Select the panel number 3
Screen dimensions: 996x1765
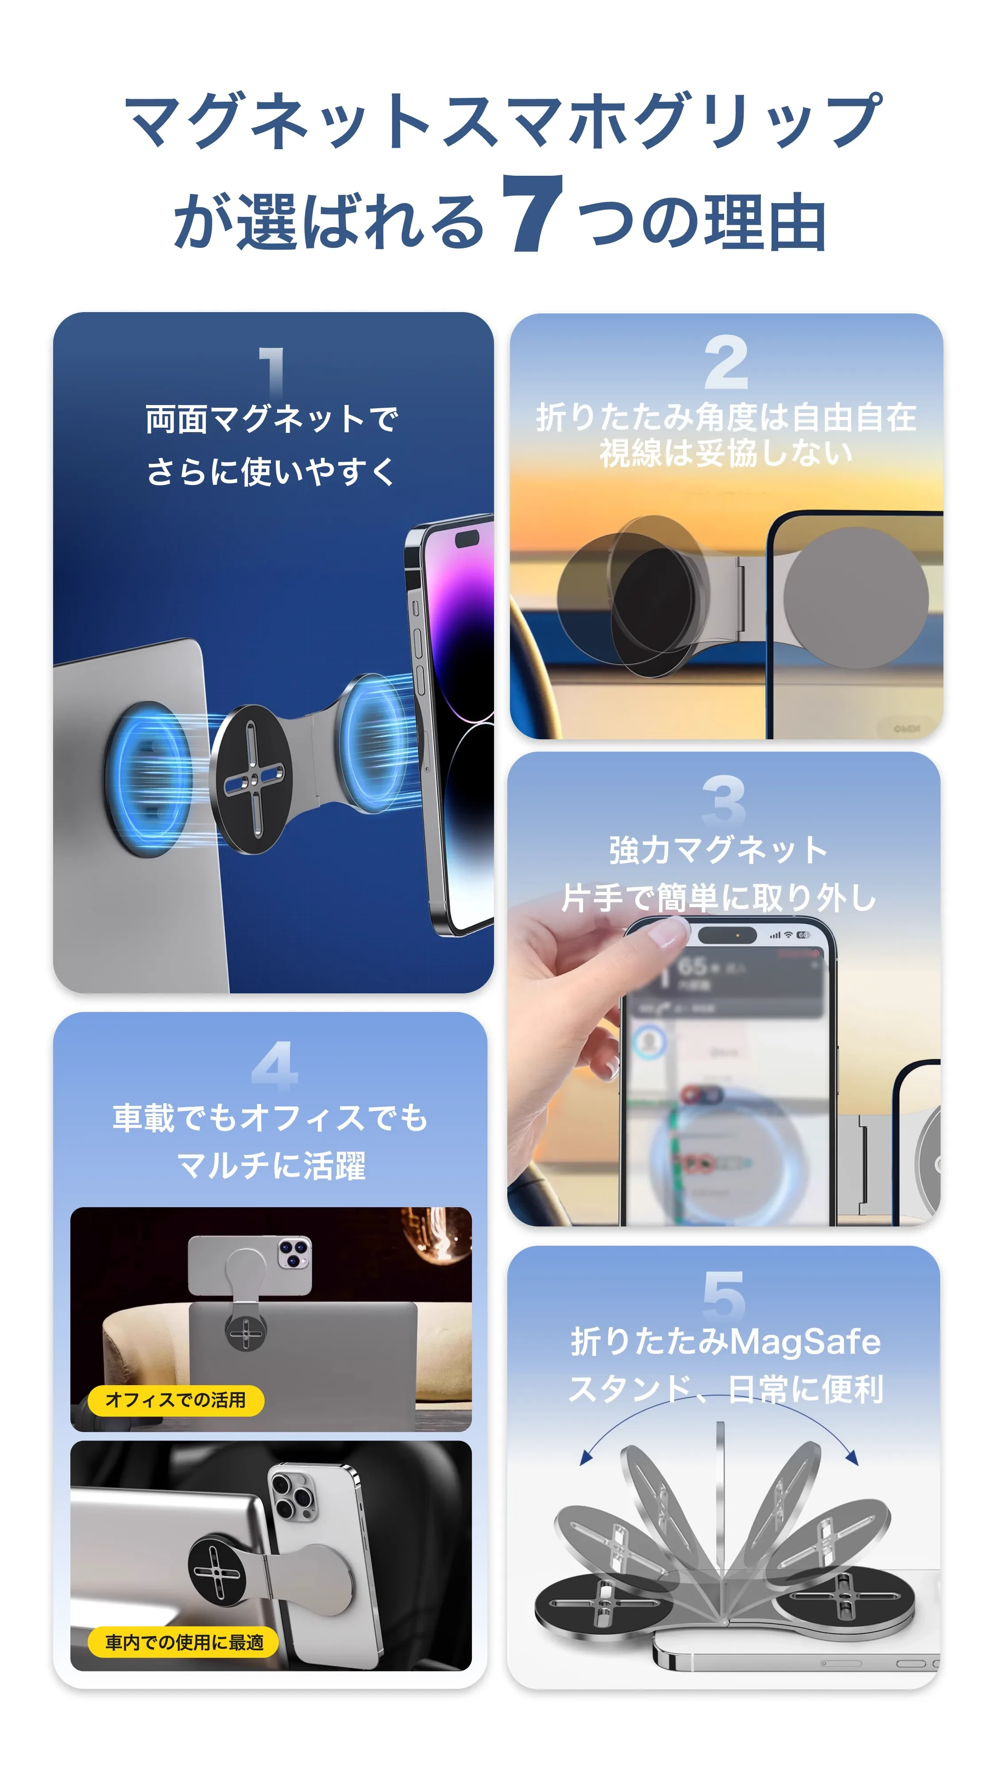[x=723, y=800]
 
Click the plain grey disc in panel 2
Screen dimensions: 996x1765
[x=856, y=598]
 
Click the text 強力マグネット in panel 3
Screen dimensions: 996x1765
[x=718, y=850]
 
